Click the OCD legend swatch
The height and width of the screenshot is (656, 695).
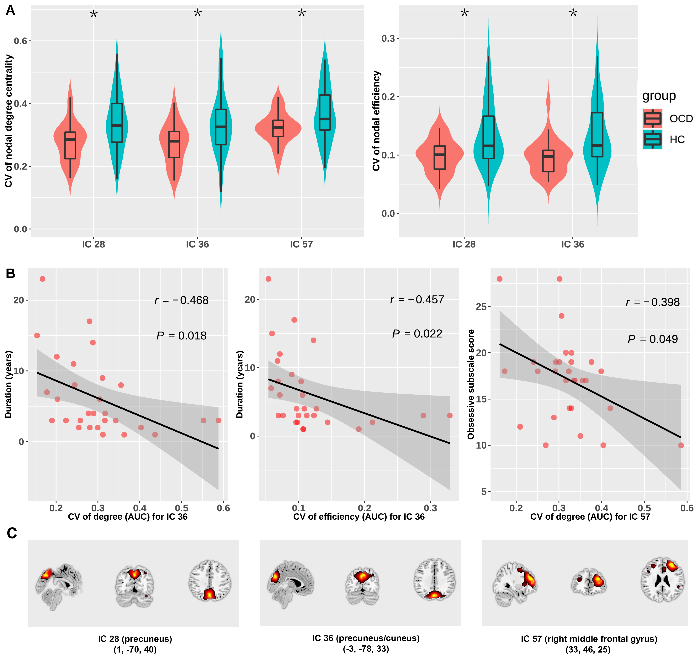click(x=652, y=118)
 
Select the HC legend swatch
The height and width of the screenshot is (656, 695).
click(x=652, y=139)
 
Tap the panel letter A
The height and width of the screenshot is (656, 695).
click(x=10, y=10)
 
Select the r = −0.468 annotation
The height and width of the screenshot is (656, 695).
click(x=182, y=300)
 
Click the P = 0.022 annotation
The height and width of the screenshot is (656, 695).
click(x=417, y=334)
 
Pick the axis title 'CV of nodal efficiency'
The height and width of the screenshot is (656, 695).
click(x=376, y=121)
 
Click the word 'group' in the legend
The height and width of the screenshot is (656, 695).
click(x=659, y=96)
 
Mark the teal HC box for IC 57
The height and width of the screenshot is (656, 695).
click(x=325, y=113)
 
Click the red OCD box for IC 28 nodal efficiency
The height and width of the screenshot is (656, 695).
click(x=440, y=157)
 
